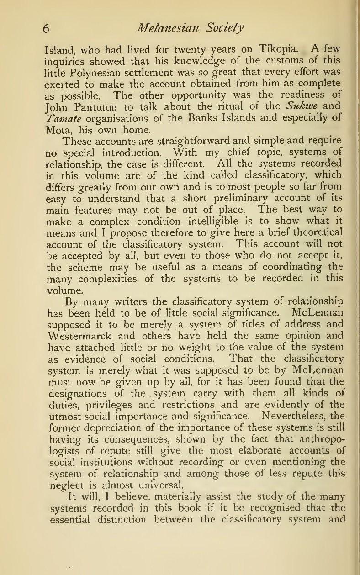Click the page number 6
pyautogui.click(x=45, y=28)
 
